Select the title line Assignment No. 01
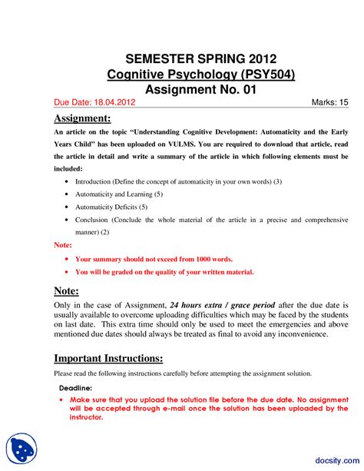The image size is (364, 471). (200, 90)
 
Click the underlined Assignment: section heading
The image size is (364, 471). (82, 118)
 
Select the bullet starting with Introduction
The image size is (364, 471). (179, 181)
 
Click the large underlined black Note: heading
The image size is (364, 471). (68, 290)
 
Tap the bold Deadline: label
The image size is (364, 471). (74, 388)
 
